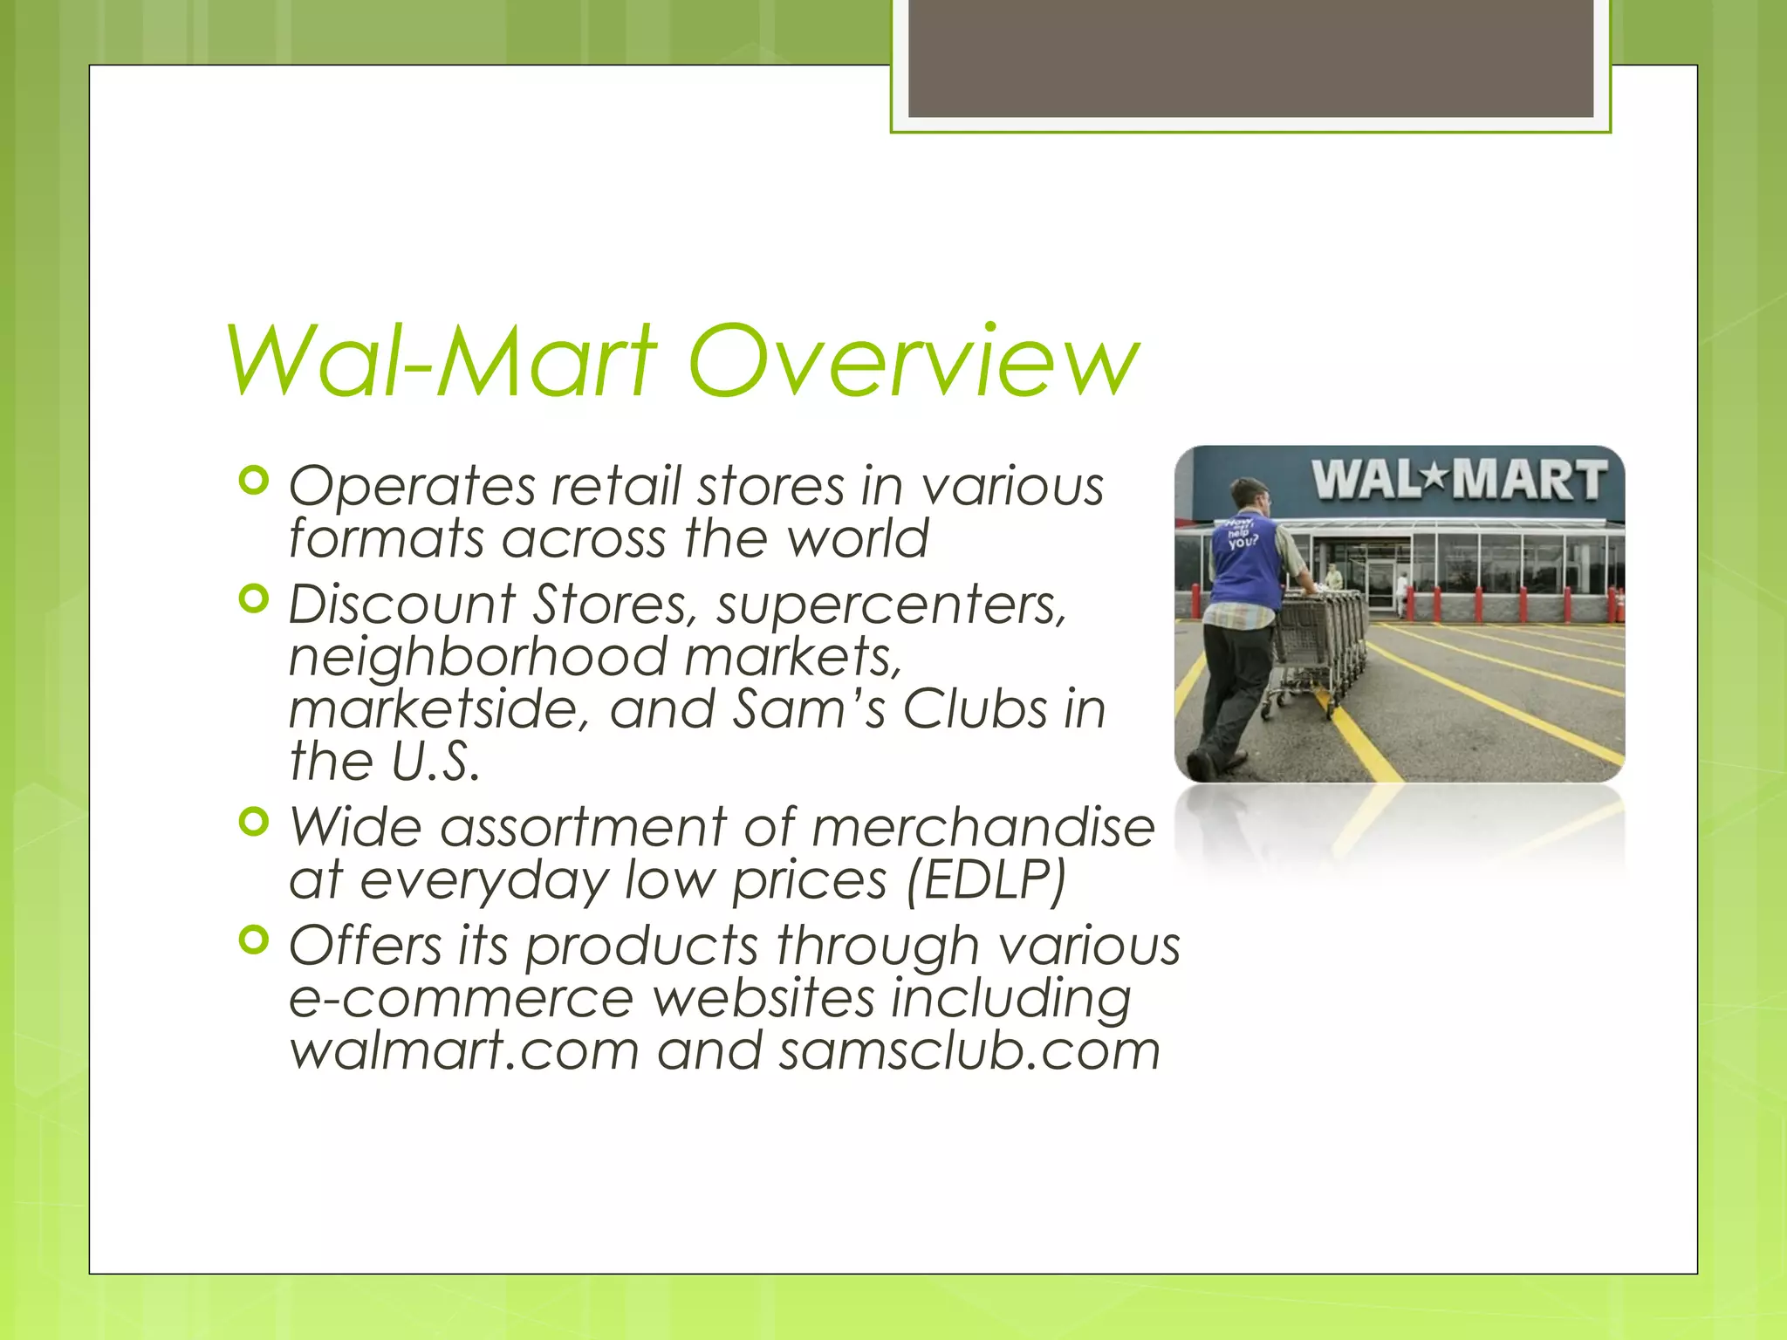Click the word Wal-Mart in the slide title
pos(441,359)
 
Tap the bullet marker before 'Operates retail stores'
pos(253,482)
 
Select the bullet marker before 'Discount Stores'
pos(253,600)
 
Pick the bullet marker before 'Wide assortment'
pos(253,823)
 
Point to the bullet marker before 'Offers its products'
pos(253,941)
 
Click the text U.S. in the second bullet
pos(435,761)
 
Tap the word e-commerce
pos(461,998)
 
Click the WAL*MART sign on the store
pos(1459,481)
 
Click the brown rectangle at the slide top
pos(1250,58)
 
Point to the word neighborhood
pos(477,656)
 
